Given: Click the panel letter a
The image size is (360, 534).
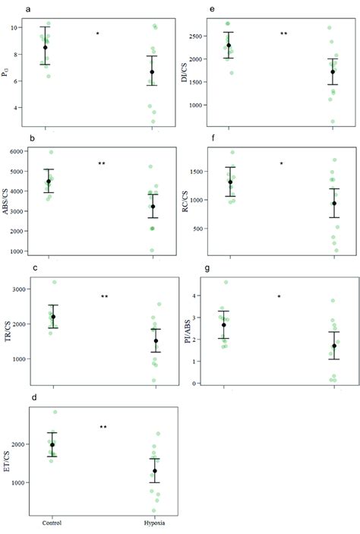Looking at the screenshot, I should [x=28, y=10].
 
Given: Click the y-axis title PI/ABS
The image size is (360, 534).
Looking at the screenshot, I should [x=188, y=331].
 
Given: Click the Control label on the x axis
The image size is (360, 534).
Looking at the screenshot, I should [x=51, y=523].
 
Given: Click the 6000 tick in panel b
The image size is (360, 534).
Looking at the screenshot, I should [x=25, y=152].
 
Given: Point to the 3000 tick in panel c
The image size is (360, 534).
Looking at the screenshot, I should [x=25, y=289].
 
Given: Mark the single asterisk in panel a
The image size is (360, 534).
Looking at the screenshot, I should [x=98, y=34].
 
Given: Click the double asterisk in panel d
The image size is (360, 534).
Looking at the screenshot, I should [x=103, y=428].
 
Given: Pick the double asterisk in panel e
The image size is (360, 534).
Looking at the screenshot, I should [x=283, y=34].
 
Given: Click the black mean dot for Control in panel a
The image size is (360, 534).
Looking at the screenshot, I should [x=46, y=47].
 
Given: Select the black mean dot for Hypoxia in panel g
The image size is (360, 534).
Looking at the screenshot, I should [x=334, y=346].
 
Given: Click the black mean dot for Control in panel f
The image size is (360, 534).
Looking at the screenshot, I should [x=230, y=182].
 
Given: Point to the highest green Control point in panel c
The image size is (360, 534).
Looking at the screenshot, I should [x=54, y=282].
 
